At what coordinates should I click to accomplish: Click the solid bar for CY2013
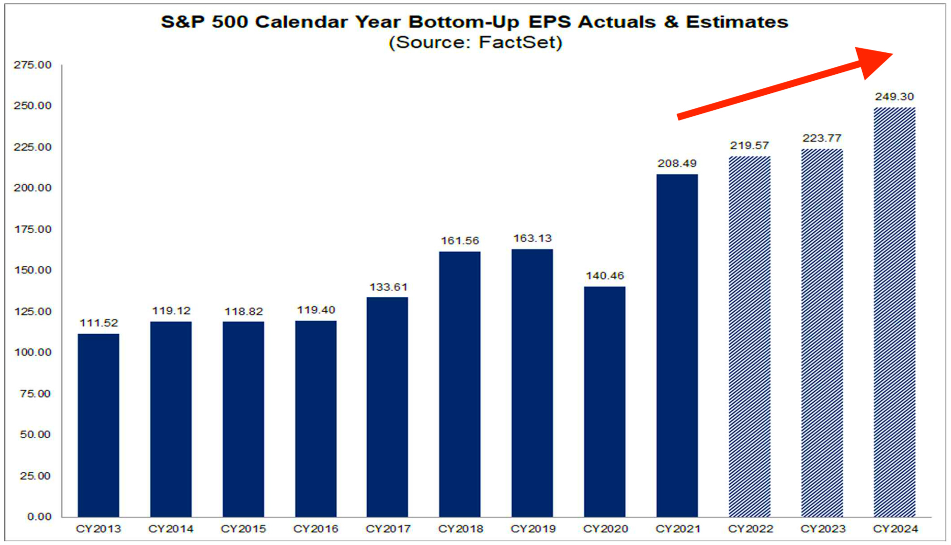(x=98, y=425)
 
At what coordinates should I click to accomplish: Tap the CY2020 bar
(x=604, y=401)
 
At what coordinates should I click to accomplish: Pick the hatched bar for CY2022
(x=749, y=336)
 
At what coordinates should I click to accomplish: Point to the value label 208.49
(x=677, y=163)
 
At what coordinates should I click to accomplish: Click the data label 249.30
(x=894, y=97)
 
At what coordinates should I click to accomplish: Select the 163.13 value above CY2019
(x=532, y=238)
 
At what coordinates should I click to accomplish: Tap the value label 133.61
(x=388, y=287)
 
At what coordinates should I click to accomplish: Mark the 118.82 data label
(x=243, y=311)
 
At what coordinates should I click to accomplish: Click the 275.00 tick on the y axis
(x=33, y=65)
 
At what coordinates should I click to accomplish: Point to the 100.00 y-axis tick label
(x=33, y=352)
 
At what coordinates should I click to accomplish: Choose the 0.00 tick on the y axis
(x=39, y=517)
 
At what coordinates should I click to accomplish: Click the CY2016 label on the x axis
(x=315, y=529)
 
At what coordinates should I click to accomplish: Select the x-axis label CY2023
(x=823, y=529)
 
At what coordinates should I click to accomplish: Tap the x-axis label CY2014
(x=170, y=529)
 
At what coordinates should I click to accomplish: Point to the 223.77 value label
(x=822, y=138)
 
